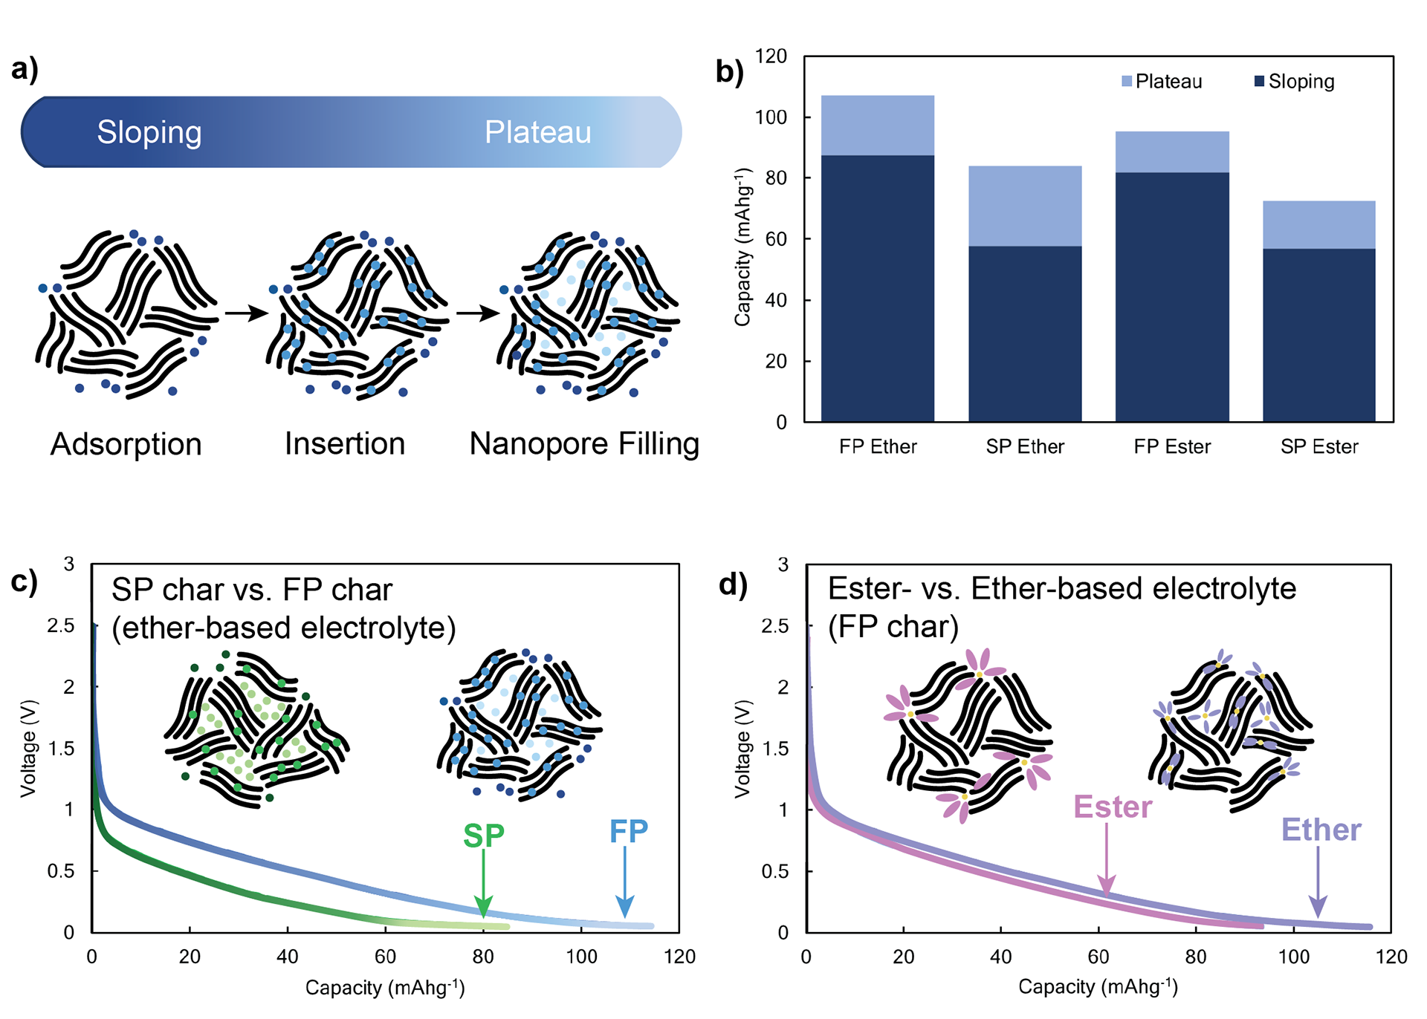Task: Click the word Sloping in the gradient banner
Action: [x=149, y=132]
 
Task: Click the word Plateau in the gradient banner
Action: [x=537, y=132]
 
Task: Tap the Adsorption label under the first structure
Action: [x=126, y=444]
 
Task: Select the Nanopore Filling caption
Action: [x=584, y=444]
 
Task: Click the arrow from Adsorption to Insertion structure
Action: [x=246, y=313]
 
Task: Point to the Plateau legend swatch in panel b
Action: [x=1127, y=81]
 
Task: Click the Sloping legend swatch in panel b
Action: [x=1259, y=81]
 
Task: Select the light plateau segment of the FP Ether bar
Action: [x=877, y=125]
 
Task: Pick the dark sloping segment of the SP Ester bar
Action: [x=1318, y=335]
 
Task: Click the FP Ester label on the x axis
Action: [x=1172, y=447]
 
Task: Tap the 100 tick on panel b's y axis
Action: [x=771, y=117]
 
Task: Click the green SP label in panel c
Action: [x=483, y=836]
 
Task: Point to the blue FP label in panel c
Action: [x=628, y=832]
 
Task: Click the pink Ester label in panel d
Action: [x=1112, y=807]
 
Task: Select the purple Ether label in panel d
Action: [x=1321, y=830]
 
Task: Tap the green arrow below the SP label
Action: [x=483, y=884]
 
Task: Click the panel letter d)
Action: [x=732, y=585]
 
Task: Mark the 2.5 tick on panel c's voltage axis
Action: [x=61, y=626]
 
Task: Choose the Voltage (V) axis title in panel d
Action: [x=742, y=749]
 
